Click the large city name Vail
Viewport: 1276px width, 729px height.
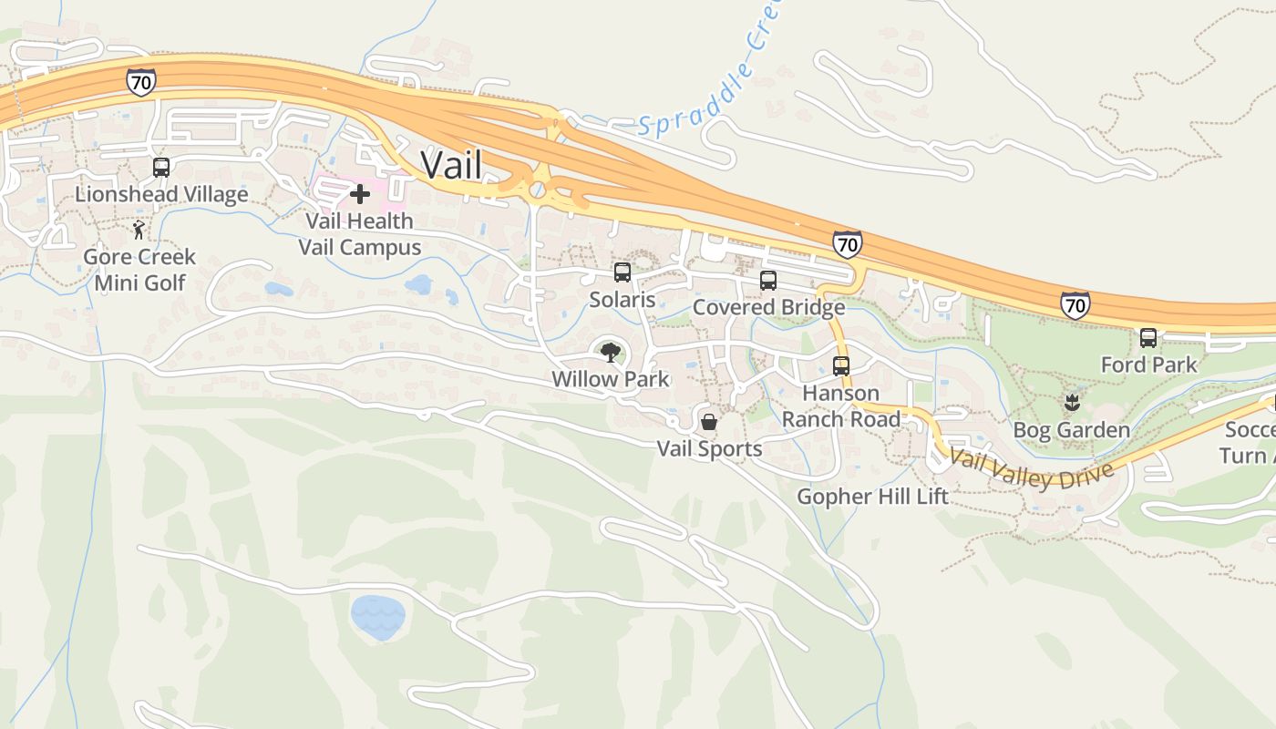pos(450,165)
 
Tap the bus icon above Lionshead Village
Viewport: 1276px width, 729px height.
pos(161,168)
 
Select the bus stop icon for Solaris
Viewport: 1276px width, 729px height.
pos(623,272)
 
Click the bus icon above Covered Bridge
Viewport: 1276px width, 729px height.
pos(768,281)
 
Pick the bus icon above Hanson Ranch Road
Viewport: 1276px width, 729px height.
pos(841,366)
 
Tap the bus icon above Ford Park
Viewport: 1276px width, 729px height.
pos(1148,338)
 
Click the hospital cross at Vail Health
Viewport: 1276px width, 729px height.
pos(360,194)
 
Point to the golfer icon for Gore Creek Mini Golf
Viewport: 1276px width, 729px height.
pos(139,230)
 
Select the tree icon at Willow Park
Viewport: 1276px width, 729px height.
pos(610,351)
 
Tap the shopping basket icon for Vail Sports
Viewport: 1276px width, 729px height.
pos(709,422)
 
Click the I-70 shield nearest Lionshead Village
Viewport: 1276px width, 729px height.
pos(141,80)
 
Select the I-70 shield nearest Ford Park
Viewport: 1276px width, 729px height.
pos(1075,304)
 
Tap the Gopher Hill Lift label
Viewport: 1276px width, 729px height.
pos(872,497)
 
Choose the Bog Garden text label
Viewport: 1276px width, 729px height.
pos(1072,430)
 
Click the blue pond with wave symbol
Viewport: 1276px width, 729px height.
pos(378,617)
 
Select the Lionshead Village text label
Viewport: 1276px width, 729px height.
pos(161,194)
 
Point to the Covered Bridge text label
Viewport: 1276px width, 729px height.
pos(768,307)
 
